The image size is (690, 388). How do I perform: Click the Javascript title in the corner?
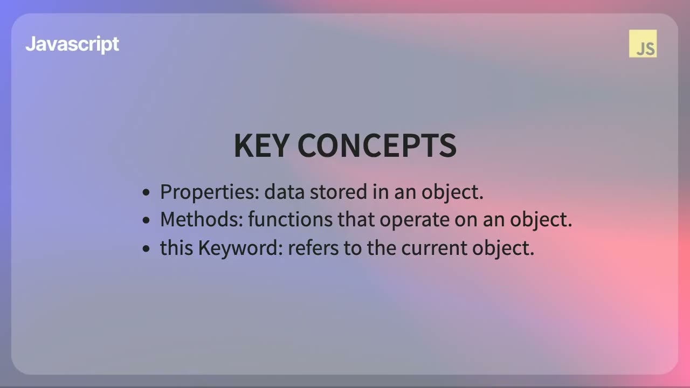pos(72,44)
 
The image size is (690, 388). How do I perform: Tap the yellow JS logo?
pos(643,44)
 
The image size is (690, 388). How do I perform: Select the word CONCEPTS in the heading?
pos(377,145)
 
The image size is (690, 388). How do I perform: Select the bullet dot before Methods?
pos(146,220)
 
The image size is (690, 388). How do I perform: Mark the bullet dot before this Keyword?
pos(146,248)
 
